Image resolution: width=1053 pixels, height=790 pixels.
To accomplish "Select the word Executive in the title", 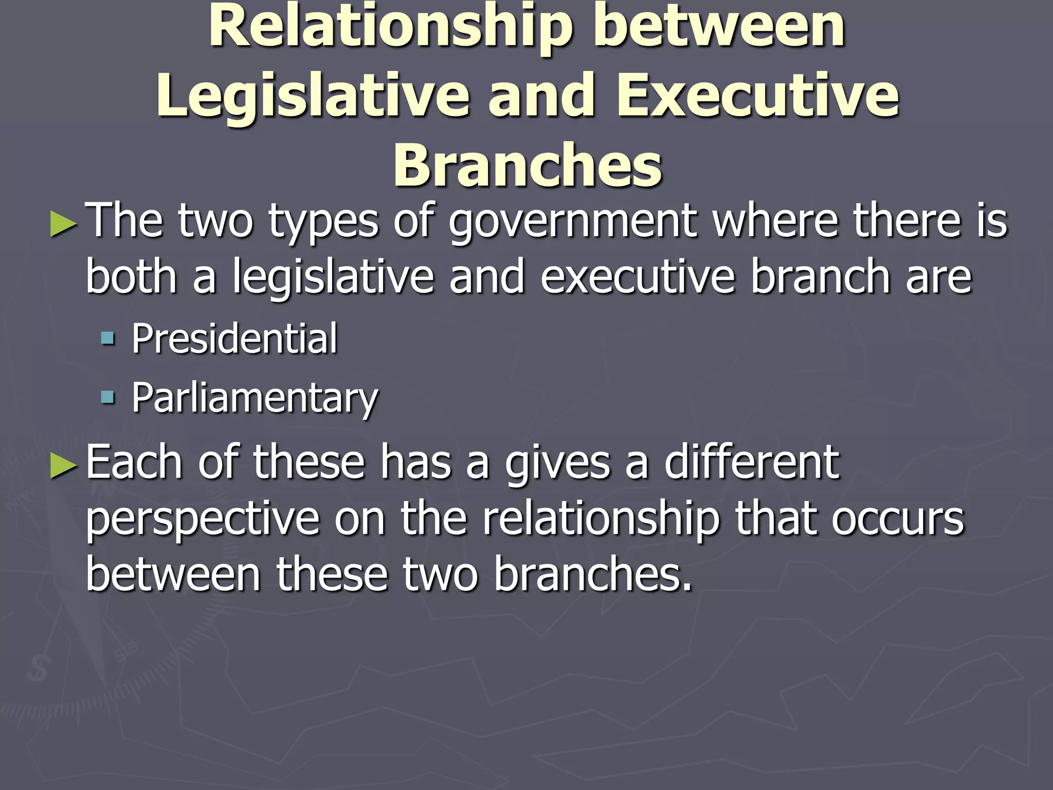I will pyautogui.click(x=758, y=96).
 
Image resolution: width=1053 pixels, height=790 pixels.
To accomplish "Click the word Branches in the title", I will pyautogui.click(x=528, y=166).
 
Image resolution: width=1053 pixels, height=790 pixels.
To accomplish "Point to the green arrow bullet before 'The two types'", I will pyautogui.click(x=64, y=226).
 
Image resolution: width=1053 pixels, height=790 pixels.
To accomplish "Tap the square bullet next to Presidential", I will pyautogui.click(x=108, y=338).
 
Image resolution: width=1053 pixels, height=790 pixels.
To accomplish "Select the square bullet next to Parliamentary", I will pyautogui.click(x=108, y=397).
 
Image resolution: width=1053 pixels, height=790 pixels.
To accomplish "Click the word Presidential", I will pyautogui.click(x=234, y=338).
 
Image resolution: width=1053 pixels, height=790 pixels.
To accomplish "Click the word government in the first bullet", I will pyautogui.click(x=573, y=222).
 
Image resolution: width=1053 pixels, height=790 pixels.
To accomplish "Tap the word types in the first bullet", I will pyautogui.click(x=323, y=222).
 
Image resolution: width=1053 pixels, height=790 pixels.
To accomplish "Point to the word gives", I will pyautogui.click(x=557, y=463).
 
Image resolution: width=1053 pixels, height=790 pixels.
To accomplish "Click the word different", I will pyautogui.click(x=751, y=461).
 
